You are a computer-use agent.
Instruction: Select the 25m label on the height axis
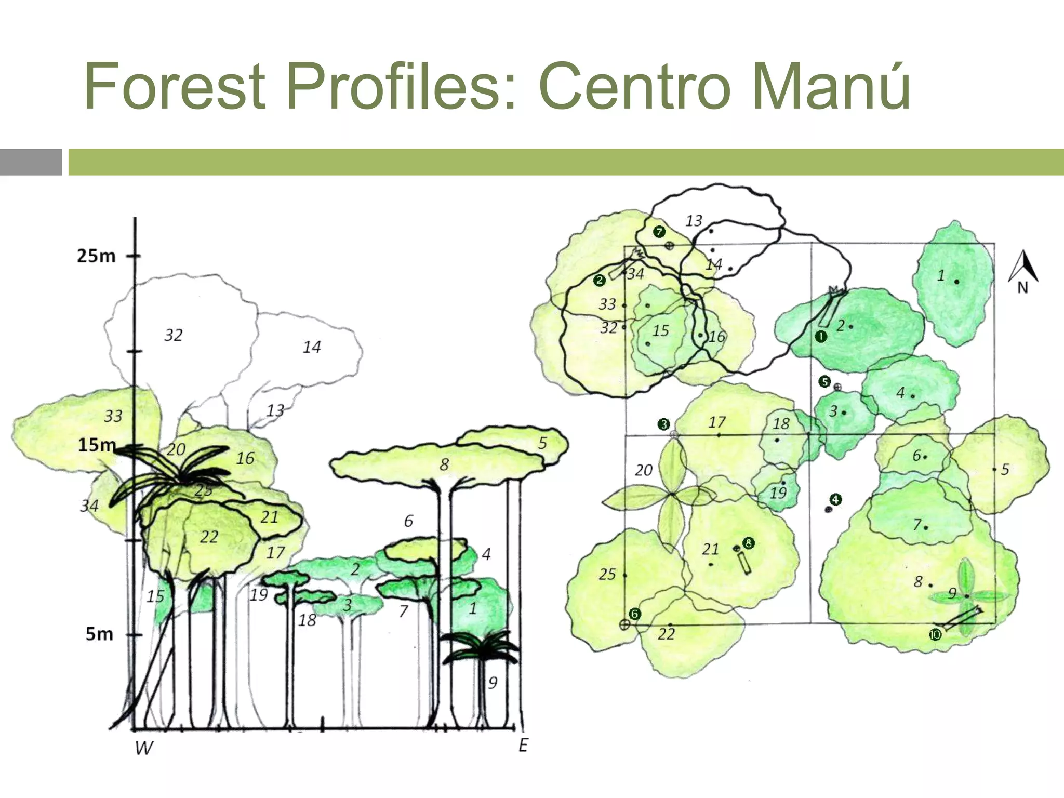click(96, 256)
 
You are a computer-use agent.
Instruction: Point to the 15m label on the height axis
click(97, 445)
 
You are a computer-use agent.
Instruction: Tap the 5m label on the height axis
click(99, 634)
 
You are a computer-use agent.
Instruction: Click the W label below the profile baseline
click(144, 748)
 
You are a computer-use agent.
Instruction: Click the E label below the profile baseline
click(523, 745)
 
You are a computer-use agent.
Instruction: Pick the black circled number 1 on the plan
click(821, 337)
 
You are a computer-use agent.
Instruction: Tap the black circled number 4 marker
click(835, 500)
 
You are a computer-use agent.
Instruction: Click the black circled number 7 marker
click(659, 232)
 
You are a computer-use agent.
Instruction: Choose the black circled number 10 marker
click(935, 635)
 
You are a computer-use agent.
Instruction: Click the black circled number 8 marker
click(749, 543)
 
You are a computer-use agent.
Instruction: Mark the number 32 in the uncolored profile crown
click(174, 335)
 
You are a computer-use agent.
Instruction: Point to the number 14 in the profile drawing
click(312, 347)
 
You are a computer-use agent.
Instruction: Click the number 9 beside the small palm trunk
click(493, 682)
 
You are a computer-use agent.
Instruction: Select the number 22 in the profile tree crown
click(209, 537)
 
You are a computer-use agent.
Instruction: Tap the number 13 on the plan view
click(694, 221)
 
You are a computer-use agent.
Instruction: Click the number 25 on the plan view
click(607, 574)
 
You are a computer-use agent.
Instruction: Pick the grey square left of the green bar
click(31, 162)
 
